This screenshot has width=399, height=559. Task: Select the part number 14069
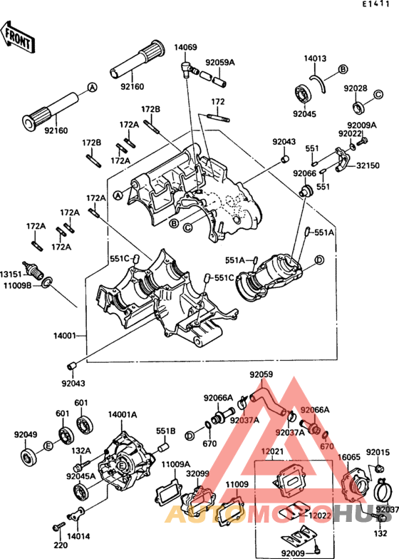(x=187, y=47)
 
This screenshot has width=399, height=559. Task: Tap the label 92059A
(x=220, y=63)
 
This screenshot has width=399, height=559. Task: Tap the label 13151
(x=10, y=274)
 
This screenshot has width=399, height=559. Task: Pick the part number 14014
(x=79, y=535)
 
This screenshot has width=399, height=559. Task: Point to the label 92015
(x=378, y=452)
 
